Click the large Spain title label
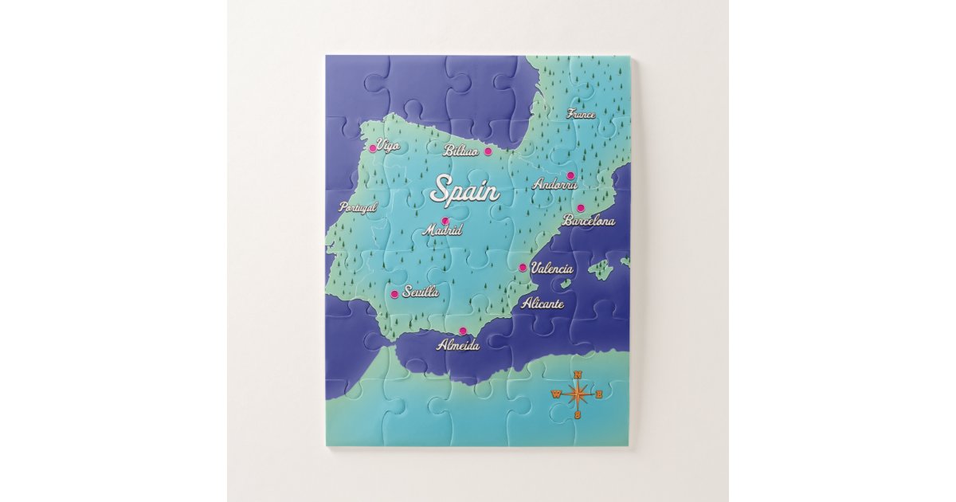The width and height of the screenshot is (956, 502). coord(465,191)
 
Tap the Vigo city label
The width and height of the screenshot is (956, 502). coord(388,146)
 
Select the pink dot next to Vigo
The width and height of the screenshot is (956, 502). coord(372,148)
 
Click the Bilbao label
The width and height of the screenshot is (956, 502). coord(461,151)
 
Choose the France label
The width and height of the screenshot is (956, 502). coord(581,114)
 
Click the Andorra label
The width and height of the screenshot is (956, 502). coord(554,184)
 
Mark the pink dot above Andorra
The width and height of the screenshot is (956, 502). coord(570,175)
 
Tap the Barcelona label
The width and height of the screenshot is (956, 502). coord(589,221)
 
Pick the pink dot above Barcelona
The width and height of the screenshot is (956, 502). coord(581,209)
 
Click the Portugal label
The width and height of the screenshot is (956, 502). coord(358,207)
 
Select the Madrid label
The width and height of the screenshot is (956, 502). coord(442,230)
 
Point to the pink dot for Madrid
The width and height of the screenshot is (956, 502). coord(445,221)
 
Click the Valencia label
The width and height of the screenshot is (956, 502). coord(552,269)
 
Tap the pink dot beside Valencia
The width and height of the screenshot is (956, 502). coord(523,268)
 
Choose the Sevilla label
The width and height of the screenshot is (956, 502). coord(421,292)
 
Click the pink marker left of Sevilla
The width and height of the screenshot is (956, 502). coord(394,294)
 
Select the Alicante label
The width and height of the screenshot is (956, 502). coord(543,304)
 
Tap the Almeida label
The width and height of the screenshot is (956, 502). coord(458,345)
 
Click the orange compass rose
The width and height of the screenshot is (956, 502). coord(579,394)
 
